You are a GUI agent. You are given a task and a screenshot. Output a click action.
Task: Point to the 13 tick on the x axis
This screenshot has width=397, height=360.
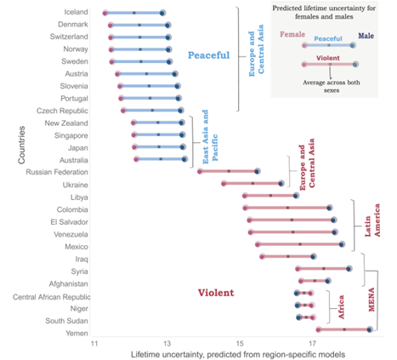[167, 344]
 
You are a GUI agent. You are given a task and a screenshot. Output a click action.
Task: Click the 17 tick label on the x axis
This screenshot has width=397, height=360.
[312, 344]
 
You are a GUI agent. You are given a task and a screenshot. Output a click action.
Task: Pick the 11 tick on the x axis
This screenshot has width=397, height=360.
[95, 344]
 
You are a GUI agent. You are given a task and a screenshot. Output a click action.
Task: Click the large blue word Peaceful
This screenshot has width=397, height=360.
[209, 55]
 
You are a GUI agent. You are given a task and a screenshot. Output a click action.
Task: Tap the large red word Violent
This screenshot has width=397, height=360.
[216, 293]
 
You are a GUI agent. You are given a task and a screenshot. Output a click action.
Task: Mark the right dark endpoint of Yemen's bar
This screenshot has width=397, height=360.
[369, 329]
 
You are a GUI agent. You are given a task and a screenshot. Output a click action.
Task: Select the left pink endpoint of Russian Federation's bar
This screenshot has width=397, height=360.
[200, 171]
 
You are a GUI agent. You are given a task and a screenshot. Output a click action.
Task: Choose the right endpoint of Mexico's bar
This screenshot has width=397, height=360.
[342, 244]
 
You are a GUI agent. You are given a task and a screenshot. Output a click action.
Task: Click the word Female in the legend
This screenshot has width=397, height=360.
[292, 35]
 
